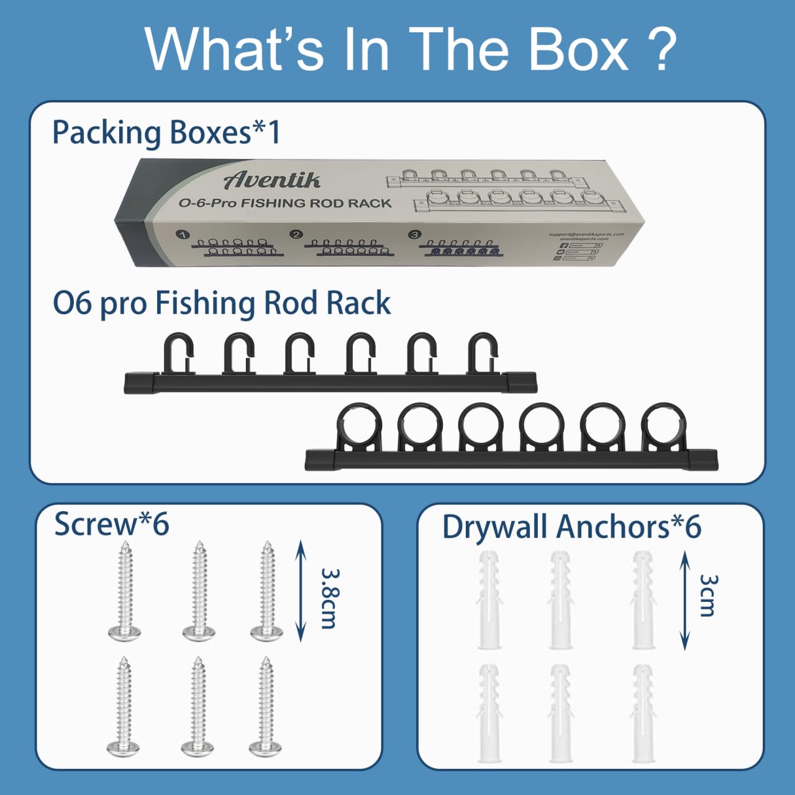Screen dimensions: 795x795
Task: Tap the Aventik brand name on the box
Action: pyautogui.click(x=272, y=179)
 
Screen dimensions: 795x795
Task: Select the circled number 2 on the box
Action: pyautogui.click(x=296, y=234)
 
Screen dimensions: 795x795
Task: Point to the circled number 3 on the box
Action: pyautogui.click(x=414, y=234)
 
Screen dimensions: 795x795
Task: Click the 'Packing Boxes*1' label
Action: pyautogui.click(x=166, y=133)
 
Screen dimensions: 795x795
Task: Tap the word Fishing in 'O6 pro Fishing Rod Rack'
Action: pyautogui.click(x=205, y=303)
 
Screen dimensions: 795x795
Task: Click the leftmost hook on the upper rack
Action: pyautogui.click(x=178, y=354)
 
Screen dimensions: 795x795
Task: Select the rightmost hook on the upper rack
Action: pyautogui.click(x=482, y=354)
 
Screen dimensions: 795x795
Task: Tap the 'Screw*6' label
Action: pyautogui.click(x=111, y=524)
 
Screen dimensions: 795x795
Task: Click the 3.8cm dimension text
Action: pyautogui.click(x=329, y=597)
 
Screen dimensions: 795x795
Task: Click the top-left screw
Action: pyautogui.click(x=125, y=590)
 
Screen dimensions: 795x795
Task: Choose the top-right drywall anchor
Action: pyautogui.click(x=642, y=599)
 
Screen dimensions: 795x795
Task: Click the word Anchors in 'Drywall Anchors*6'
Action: pyautogui.click(x=612, y=527)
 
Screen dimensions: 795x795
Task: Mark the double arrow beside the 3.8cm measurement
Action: pyautogui.click(x=300, y=590)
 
